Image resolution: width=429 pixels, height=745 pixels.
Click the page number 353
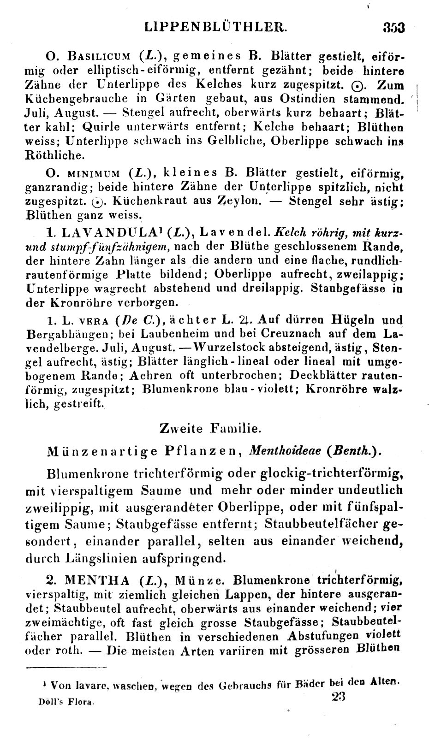pos(393,27)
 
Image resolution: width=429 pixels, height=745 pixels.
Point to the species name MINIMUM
pos(93,173)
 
